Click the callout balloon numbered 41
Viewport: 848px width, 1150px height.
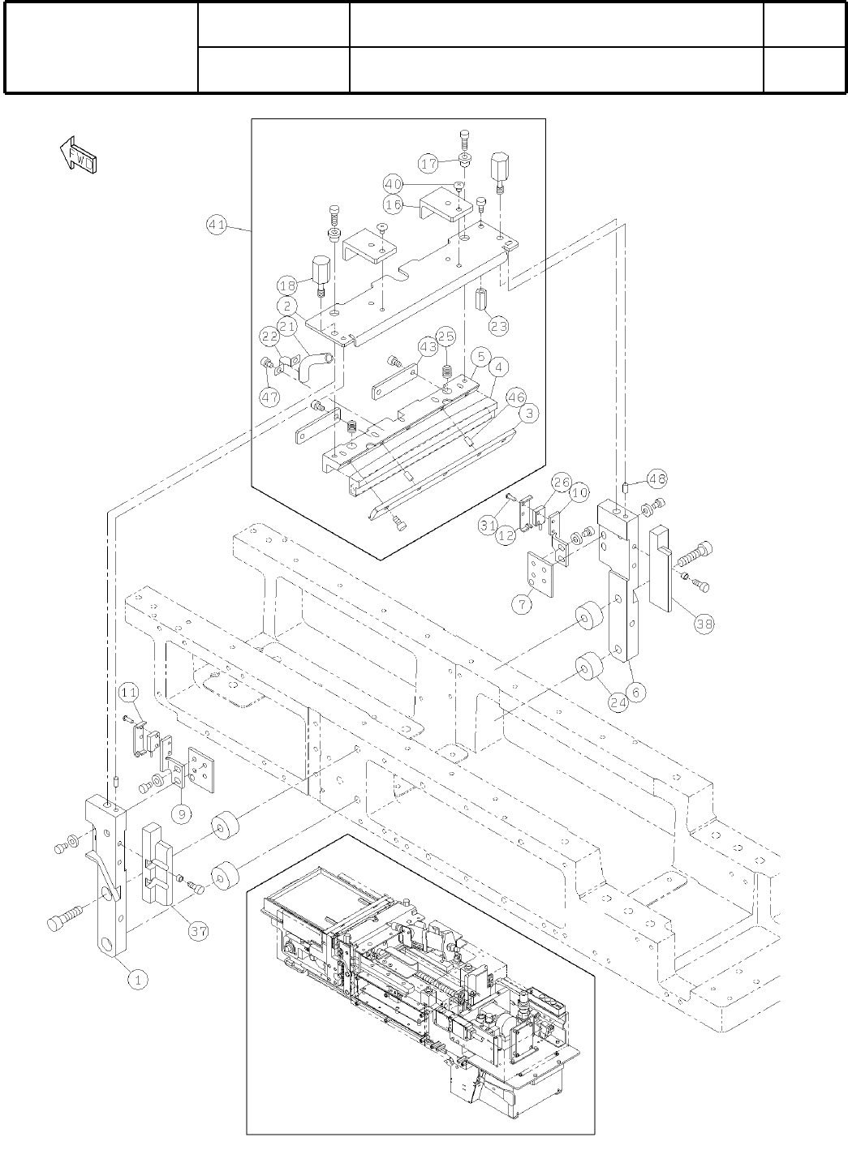pos(217,226)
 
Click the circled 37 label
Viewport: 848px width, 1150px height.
pos(200,932)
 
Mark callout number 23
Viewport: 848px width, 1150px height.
pos(498,325)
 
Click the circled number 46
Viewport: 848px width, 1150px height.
pos(515,397)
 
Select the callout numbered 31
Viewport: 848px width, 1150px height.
pos(487,526)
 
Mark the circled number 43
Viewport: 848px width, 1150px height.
pos(428,346)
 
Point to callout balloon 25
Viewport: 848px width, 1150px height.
pos(446,336)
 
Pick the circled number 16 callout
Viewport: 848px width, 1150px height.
pos(394,204)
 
